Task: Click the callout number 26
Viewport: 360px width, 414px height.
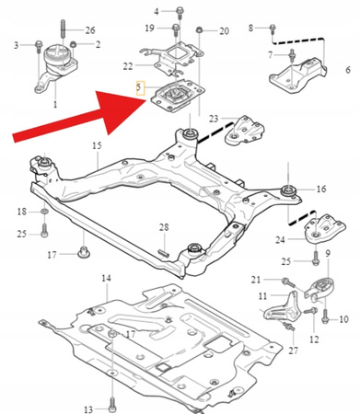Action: tap(89, 30)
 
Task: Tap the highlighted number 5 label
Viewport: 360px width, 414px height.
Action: tap(138, 89)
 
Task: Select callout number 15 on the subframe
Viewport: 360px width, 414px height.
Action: tap(95, 146)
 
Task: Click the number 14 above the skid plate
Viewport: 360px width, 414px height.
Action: tap(106, 277)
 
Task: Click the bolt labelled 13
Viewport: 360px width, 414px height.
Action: tap(111, 403)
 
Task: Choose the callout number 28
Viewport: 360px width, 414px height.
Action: tap(163, 226)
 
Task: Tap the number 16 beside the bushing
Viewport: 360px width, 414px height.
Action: tap(321, 189)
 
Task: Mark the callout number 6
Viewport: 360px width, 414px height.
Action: tap(346, 70)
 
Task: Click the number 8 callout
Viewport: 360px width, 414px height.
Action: tap(250, 29)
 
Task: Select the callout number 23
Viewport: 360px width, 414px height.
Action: tap(214, 119)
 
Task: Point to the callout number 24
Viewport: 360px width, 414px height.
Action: tap(280, 241)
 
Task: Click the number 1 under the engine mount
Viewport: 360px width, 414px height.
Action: tap(53, 107)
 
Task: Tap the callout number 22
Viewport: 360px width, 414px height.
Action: tap(128, 65)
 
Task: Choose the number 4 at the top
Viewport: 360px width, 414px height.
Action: tap(157, 11)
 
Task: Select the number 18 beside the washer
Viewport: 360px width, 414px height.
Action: tap(22, 213)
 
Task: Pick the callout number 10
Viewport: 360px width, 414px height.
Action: tap(344, 319)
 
